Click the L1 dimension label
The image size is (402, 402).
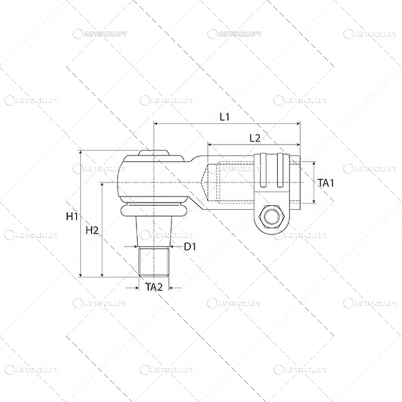225,117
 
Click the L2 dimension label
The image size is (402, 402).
256,138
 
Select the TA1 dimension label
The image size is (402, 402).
326,183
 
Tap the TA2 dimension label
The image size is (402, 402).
153,287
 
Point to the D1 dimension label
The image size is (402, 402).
191,247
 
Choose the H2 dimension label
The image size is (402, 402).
92,230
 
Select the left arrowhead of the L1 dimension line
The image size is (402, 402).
157,123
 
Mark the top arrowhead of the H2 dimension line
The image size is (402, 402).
102,185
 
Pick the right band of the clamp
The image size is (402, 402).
281,170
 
